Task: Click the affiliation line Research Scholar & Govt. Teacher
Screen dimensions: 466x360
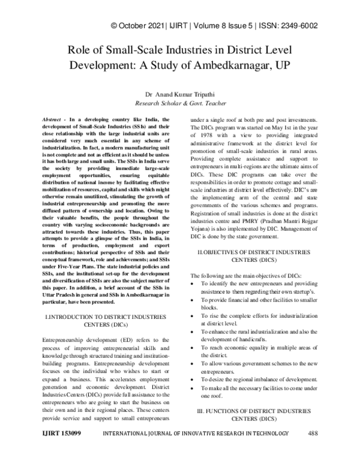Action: click(180, 103)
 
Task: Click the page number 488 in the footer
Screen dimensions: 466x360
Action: click(311, 450)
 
